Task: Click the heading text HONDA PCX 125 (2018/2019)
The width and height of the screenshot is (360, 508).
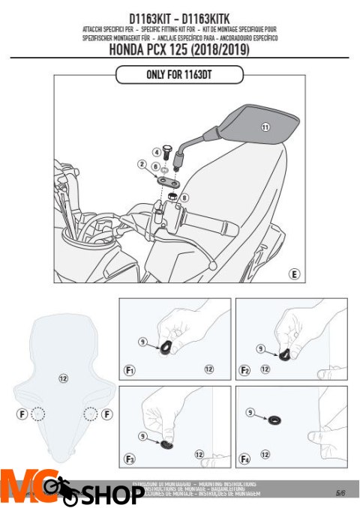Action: pos(179,50)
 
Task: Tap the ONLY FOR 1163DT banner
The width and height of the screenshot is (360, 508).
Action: pos(179,74)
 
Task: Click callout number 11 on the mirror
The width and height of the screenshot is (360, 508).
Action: pos(265,127)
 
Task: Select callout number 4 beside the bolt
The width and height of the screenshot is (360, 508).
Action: pos(157,152)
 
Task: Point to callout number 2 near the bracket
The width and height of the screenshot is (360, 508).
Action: pos(141,163)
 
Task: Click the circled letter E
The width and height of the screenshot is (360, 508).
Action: pos(295,275)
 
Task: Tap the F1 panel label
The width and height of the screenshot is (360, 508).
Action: pos(130,369)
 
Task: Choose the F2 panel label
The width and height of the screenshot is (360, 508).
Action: pos(245,369)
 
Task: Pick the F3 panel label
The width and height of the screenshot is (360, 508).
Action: pos(130,458)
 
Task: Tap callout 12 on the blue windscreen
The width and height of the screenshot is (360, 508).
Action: pos(64,379)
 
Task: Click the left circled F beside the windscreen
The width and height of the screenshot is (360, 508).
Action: pos(22,414)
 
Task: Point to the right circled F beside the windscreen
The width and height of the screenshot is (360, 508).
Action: pos(108,414)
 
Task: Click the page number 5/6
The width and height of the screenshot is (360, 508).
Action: pos(340,492)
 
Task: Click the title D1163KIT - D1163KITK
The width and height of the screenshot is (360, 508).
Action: pos(179,16)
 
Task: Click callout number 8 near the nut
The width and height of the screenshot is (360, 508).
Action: pos(185,198)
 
